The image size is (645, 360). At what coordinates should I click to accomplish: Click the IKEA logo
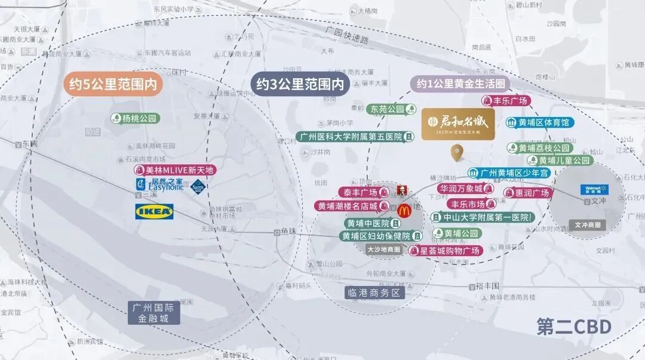pyautogui.click(x=155, y=211)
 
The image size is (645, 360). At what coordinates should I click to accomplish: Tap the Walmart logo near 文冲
pyautogui.click(x=594, y=190)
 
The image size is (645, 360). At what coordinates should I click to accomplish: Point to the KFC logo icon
pyautogui.click(x=401, y=190)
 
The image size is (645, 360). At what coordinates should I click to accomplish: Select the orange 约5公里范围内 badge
pyautogui.click(x=113, y=85)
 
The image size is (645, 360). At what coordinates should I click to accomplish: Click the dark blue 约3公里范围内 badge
pyautogui.click(x=300, y=84)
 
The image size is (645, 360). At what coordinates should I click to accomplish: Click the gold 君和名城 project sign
pyautogui.click(x=458, y=124)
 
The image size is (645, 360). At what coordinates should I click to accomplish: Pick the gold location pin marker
pyautogui.click(x=458, y=153)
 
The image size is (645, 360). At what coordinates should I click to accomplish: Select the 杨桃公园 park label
pyautogui.click(x=135, y=118)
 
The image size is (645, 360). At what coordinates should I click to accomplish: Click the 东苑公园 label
pyautogui.click(x=392, y=109)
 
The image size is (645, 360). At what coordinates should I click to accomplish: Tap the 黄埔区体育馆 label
pyautogui.click(x=540, y=122)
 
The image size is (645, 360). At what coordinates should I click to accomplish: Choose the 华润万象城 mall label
pyautogui.click(x=465, y=189)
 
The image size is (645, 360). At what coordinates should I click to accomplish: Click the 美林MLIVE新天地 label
pyautogui.click(x=173, y=170)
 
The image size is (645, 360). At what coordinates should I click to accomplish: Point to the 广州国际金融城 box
pyautogui.click(x=154, y=313)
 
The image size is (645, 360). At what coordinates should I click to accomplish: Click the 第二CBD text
pyautogui.click(x=573, y=327)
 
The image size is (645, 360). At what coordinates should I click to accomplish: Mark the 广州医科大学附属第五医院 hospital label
pyautogui.click(x=356, y=137)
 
